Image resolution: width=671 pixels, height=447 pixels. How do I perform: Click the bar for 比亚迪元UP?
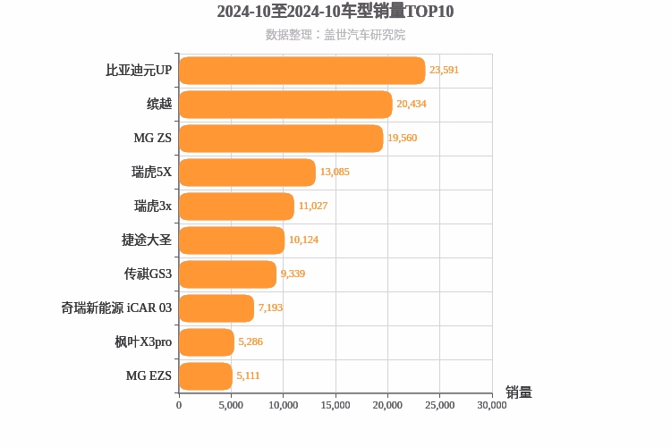point(302,71)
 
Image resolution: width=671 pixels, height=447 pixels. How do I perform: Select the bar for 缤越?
point(285,105)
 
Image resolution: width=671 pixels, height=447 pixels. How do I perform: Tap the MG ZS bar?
point(281,139)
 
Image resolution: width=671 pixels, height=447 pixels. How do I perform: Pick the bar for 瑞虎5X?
point(247,173)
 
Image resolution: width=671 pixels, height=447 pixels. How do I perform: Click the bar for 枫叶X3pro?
point(206,342)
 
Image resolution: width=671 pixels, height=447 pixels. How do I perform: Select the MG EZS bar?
point(205,376)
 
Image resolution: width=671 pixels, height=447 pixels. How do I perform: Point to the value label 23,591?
point(444,70)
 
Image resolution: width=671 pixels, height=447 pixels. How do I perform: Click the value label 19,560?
point(402,138)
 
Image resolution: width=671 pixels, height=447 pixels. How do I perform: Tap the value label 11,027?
point(313,206)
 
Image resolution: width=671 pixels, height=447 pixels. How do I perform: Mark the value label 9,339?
point(293,274)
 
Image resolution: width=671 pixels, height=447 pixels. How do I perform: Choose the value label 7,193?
point(270,308)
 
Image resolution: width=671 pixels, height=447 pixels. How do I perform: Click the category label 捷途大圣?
point(147,240)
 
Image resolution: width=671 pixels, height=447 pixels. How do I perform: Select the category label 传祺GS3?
point(148,274)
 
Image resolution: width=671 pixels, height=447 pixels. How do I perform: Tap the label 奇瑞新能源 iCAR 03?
point(116,308)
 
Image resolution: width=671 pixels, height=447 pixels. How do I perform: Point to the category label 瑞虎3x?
point(153,206)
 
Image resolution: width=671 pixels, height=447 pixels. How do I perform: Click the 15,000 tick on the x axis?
point(335,405)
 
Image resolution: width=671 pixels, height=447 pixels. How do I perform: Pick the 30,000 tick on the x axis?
point(492,405)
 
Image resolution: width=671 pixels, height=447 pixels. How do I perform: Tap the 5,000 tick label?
point(231,405)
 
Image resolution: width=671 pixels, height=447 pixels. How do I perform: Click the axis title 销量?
point(519,392)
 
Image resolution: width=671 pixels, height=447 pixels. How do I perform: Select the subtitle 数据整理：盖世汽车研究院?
point(335,35)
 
